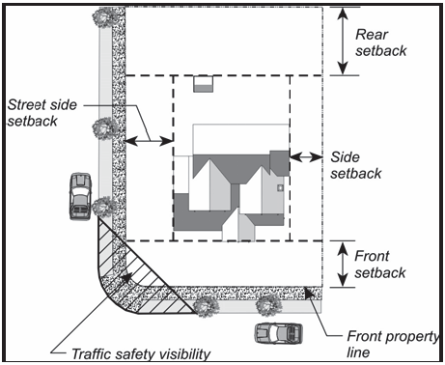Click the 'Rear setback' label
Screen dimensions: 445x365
(x=380, y=42)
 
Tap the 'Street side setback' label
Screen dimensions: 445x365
(x=42, y=113)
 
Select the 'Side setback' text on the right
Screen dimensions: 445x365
(x=356, y=165)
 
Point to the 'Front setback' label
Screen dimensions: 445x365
(x=380, y=265)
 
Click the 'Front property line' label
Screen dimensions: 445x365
(x=393, y=344)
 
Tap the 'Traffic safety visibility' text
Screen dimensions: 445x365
(x=141, y=354)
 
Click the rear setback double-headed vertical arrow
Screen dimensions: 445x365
(x=343, y=41)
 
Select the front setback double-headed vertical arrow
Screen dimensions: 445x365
(x=343, y=264)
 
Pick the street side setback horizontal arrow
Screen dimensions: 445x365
(x=149, y=141)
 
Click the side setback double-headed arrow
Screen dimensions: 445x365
(x=306, y=157)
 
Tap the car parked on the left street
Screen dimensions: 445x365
(x=80, y=196)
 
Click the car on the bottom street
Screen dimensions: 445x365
(x=279, y=333)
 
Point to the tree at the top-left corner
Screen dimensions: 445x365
(x=104, y=16)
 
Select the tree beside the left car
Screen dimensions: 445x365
(x=103, y=207)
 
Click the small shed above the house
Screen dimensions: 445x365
(x=203, y=84)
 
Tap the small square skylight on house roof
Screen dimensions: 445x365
(x=280, y=187)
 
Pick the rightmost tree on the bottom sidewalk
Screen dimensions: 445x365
(x=267, y=304)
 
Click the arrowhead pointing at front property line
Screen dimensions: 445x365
(x=308, y=293)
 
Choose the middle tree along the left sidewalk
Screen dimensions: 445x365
(x=104, y=128)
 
